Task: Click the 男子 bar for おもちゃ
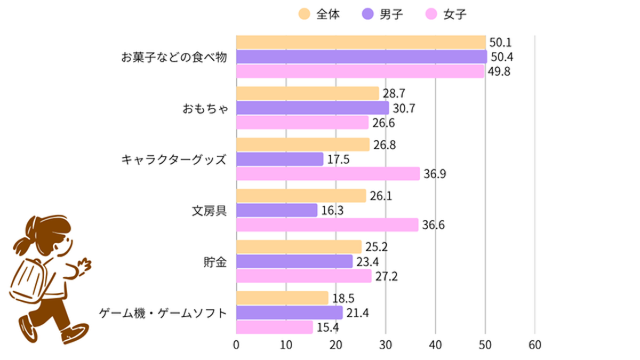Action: tap(312, 108)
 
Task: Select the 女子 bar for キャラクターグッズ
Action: tap(327, 173)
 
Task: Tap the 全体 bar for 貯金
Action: tap(299, 247)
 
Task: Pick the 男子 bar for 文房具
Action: tap(276, 210)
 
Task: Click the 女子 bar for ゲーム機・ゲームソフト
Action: tap(274, 327)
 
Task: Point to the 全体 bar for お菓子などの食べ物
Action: tap(361, 42)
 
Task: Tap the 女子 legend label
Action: tap(454, 14)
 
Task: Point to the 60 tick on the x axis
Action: tap(534, 345)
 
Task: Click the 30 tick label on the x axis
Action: tap(386, 345)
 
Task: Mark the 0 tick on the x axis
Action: tap(236, 345)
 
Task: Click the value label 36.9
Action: tap(434, 174)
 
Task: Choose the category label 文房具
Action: tap(209, 211)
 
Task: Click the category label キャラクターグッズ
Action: tap(174, 159)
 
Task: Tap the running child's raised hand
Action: tap(84, 265)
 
